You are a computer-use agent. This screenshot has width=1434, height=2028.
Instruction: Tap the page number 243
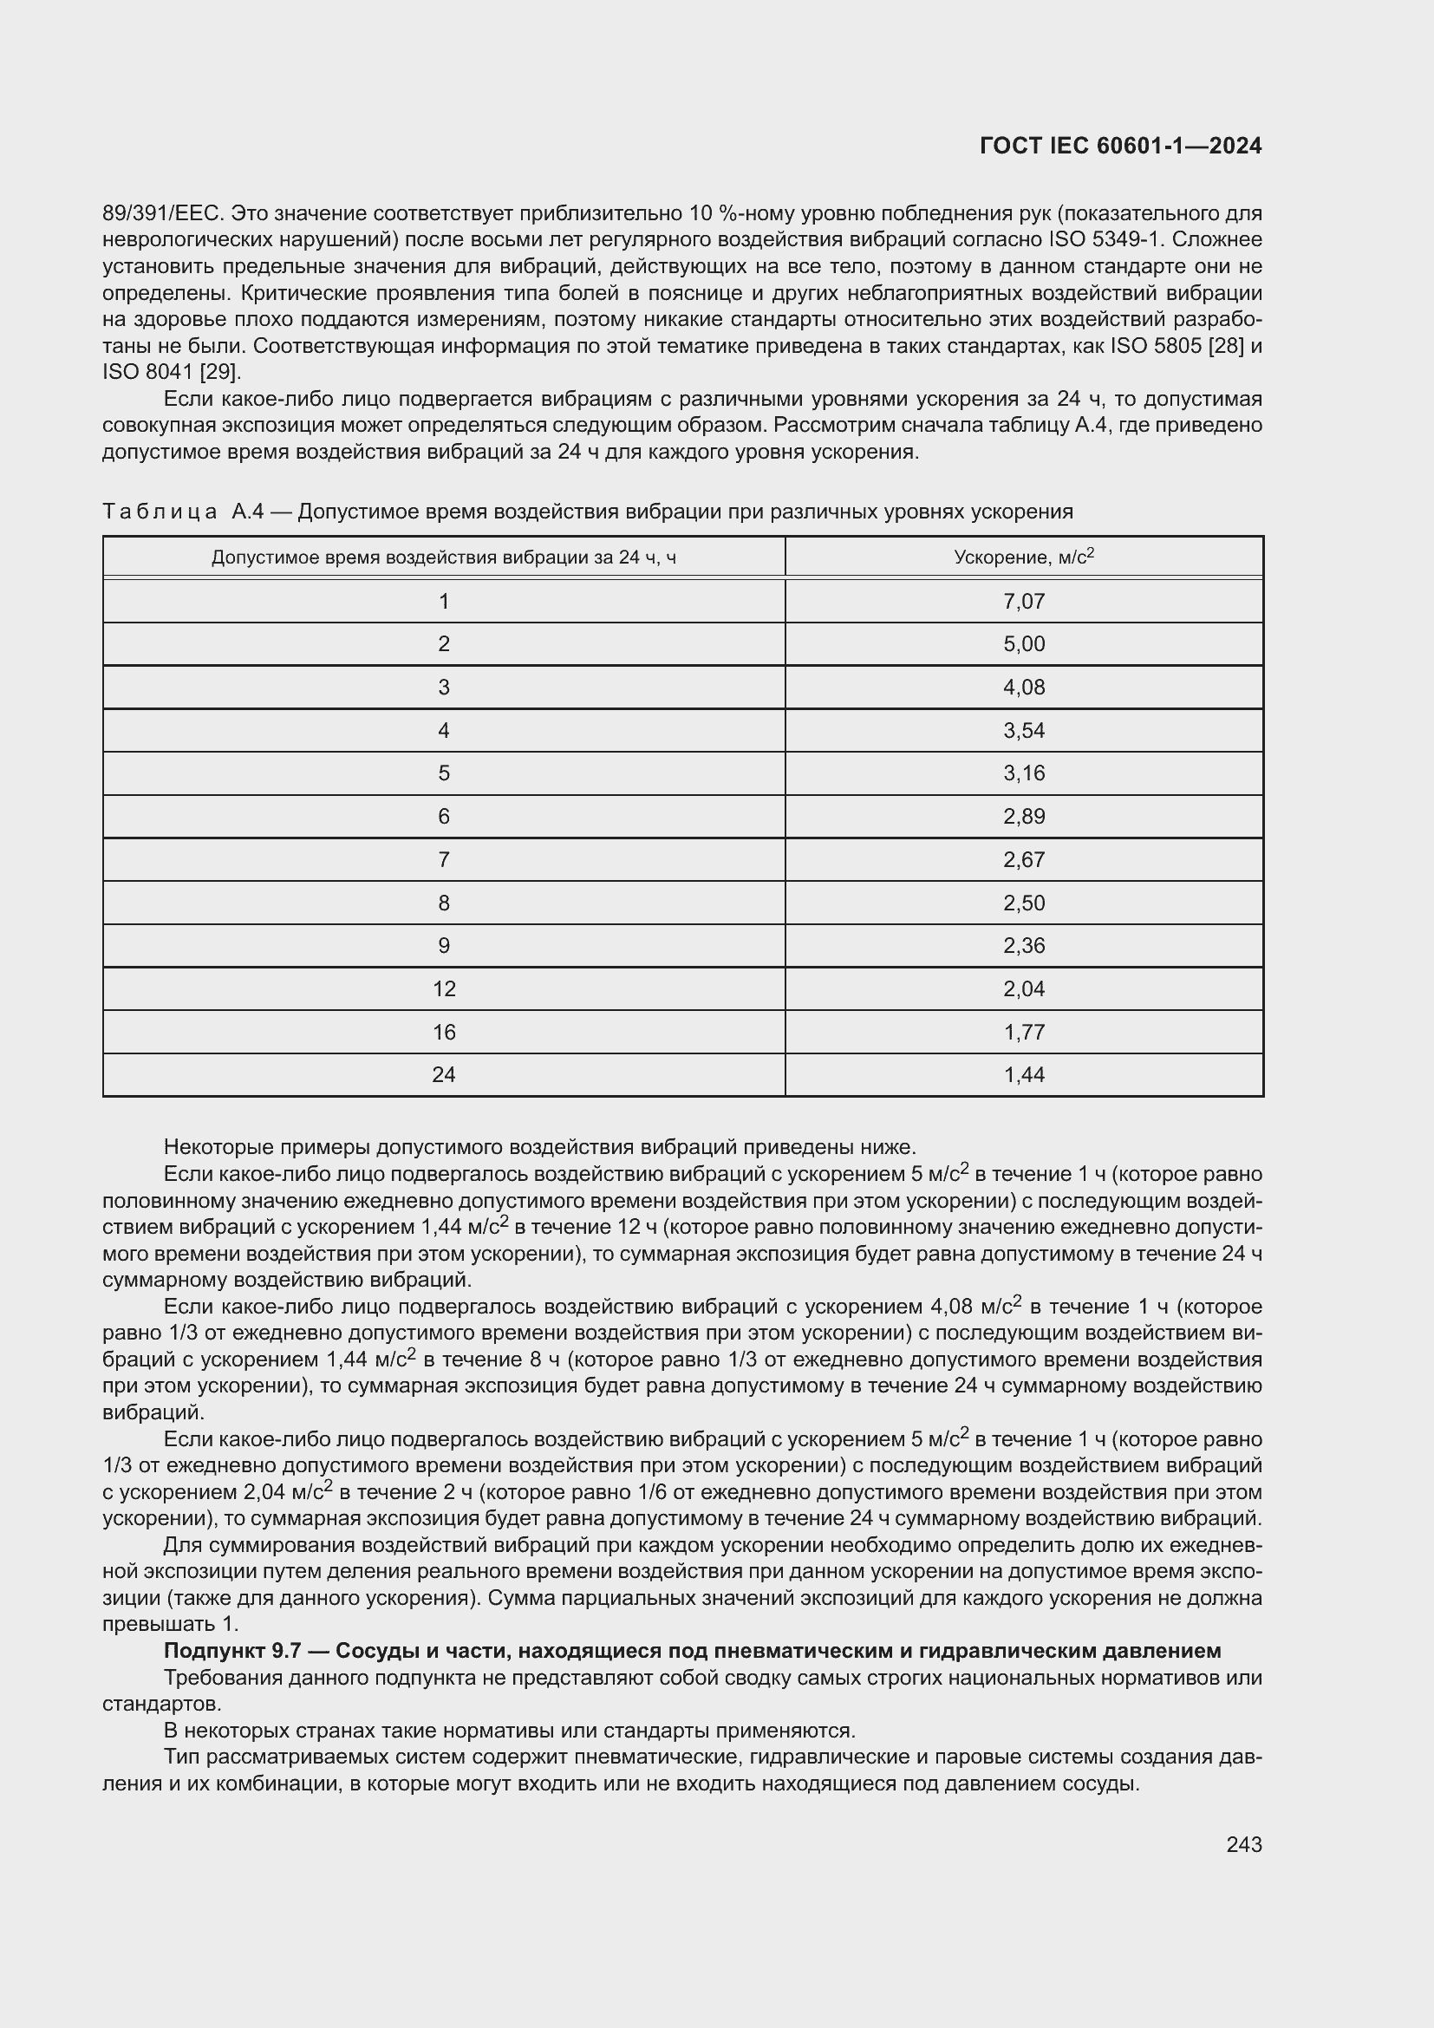click(x=1243, y=1844)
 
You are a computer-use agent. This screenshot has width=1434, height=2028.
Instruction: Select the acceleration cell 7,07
click(x=1023, y=602)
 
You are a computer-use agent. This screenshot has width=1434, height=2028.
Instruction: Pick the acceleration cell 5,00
click(x=1023, y=644)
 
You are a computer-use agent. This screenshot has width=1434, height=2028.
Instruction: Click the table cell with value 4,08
click(x=1023, y=688)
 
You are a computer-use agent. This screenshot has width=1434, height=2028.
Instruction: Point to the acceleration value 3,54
click(x=1023, y=730)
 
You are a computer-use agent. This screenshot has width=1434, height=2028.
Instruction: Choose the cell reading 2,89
click(x=1023, y=816)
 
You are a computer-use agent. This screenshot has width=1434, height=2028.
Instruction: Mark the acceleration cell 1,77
click(x=1023, y=1032)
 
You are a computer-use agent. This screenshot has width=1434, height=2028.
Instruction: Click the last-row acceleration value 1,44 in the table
click(x=1023, y=1075)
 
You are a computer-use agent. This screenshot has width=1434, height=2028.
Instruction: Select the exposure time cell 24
click(x=443, y=1075)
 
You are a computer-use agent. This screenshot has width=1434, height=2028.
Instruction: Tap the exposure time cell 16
click(x=443, y=1032)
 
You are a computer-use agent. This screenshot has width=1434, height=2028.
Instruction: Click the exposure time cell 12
click(x=443, y=989)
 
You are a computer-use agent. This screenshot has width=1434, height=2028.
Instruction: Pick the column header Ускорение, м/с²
click(x=1023, y=558)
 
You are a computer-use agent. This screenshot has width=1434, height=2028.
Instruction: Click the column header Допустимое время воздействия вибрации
click(x=443, y=558)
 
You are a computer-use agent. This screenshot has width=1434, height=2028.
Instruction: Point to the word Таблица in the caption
click(x=160, y=512)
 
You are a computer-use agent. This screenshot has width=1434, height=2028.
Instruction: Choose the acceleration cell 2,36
click(x=1023, y=946)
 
